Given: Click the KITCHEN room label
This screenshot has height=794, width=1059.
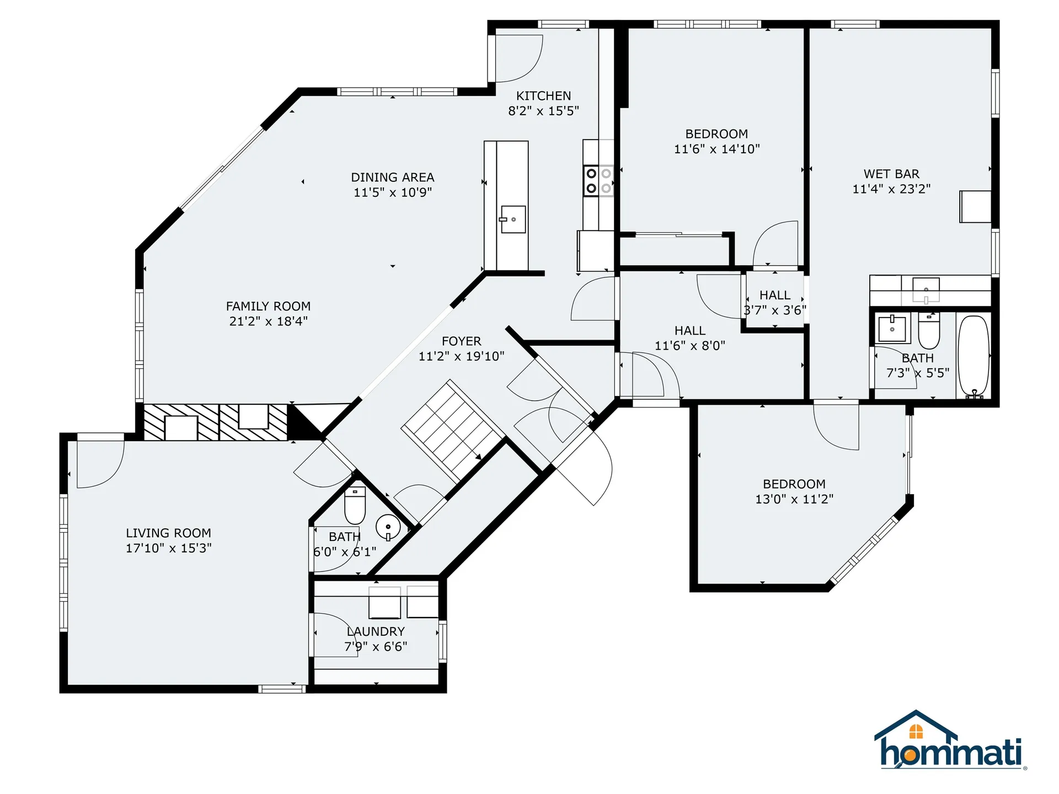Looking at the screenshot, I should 543,96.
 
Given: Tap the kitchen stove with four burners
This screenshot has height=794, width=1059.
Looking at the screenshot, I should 598,181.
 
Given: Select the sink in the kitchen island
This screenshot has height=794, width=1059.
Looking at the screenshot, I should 513,219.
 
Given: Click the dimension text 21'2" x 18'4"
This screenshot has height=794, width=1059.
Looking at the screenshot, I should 268,321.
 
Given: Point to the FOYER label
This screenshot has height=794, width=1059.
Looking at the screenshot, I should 461,341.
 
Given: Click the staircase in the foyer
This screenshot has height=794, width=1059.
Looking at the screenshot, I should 452,430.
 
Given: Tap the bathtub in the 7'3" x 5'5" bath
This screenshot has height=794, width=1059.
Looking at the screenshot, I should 974,356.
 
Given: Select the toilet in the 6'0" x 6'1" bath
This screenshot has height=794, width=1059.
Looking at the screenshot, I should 355,505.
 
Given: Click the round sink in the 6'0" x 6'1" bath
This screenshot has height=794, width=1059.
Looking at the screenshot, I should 388,527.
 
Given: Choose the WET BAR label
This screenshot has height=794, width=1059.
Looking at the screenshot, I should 891,174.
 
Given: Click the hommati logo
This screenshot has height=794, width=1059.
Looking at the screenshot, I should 950,742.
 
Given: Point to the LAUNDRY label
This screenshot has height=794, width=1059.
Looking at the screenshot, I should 376,632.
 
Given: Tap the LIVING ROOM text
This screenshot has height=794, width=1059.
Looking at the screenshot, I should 168,533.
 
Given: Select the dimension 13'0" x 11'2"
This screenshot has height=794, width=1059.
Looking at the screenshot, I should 794,499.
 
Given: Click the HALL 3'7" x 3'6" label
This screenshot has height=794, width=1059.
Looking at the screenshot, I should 774,296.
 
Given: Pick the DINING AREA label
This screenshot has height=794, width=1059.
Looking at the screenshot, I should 392,178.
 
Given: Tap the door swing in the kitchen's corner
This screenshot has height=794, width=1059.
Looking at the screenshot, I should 518,58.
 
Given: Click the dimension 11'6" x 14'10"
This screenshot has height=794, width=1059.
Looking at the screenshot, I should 716,149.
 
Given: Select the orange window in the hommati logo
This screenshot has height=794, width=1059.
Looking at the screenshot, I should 916,732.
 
